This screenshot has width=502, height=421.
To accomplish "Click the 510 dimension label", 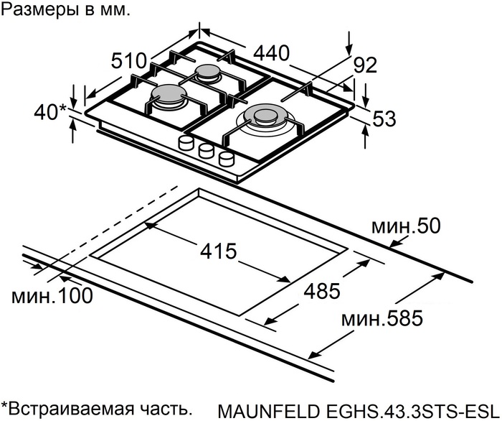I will [129, 60].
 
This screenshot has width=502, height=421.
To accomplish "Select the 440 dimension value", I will [270, 52].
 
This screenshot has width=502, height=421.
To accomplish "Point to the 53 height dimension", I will [384, 120].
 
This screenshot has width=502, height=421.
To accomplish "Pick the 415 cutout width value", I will [218, 251].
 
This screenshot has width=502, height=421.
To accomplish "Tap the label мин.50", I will [405, 227].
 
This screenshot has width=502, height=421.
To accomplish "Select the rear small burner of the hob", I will [209, 72].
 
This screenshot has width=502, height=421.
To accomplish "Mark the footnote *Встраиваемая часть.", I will [97, 409].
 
